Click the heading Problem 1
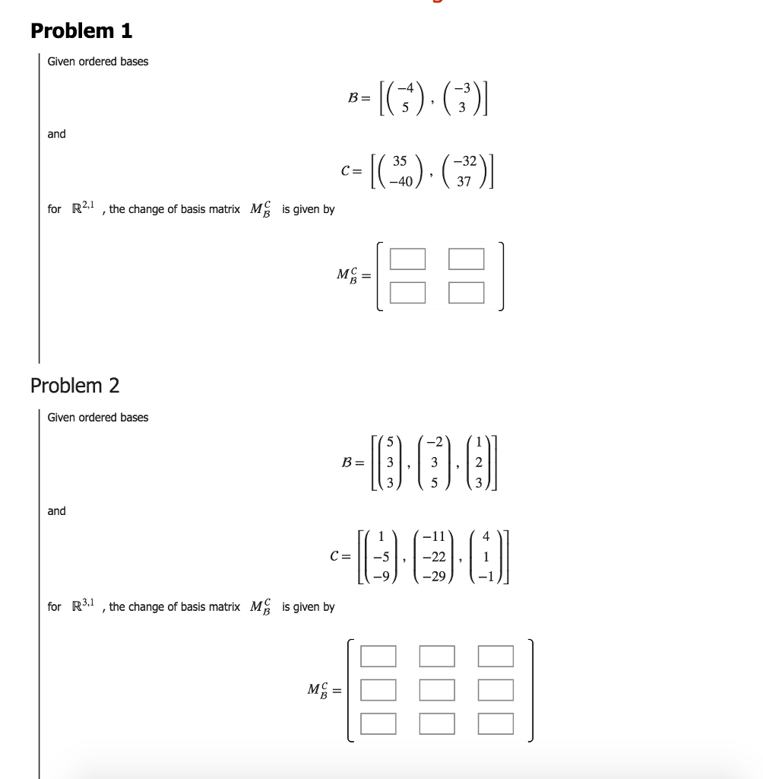point(81,31)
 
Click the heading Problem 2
point(74,386)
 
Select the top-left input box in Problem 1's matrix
point(407,259)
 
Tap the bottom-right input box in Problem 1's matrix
point(466,291)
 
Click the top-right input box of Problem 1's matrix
point(466,259)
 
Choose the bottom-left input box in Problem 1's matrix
point(407,291)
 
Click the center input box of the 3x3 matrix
point(437,689)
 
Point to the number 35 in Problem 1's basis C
point(400,161)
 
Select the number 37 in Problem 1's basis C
point(465,182)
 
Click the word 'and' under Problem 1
point(56,134)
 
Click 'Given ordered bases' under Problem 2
point(98,418)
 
